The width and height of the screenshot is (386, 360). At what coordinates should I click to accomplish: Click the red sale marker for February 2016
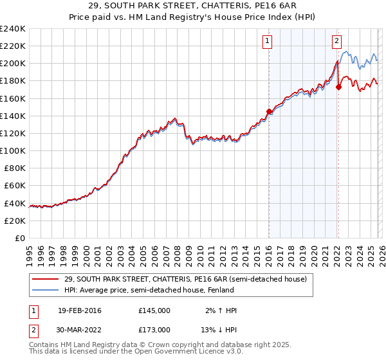coord(268,111)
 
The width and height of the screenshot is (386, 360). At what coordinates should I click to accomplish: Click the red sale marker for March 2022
coord(338,87)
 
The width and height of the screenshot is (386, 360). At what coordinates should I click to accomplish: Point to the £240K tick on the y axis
coord(13,29)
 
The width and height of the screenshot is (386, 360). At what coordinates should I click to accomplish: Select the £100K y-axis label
coord(13,150)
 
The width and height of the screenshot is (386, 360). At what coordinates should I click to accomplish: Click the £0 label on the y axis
coord(19,238)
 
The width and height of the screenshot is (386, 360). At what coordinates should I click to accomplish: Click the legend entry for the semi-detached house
coord(186,279)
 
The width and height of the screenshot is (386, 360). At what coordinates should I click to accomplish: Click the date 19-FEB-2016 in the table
coord(79,310)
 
